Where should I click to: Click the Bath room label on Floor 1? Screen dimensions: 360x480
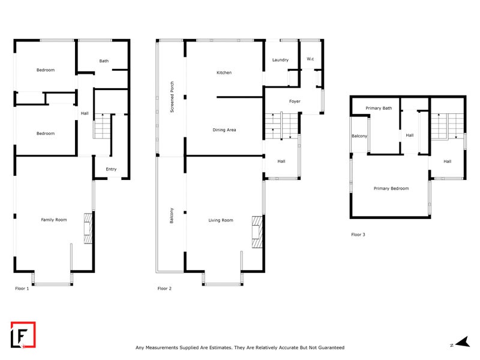point(104,61)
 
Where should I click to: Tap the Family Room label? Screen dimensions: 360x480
point(53,220)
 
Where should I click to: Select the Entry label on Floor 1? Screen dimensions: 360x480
point(111,169)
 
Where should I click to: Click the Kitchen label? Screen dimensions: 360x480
point(224,73)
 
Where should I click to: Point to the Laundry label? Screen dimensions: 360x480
point(280,60)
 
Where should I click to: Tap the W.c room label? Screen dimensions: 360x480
point(310,59)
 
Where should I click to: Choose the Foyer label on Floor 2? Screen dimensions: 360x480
point(295,101)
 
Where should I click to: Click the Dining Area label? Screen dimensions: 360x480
point(223,130)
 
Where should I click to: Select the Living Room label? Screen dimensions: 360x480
point(220,221)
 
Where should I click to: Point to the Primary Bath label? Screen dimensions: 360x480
point(379,108)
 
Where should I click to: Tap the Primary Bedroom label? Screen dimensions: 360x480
point(391,188)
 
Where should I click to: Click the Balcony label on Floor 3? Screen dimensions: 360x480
point(359,136)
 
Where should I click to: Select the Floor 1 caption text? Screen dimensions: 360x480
point(22,289)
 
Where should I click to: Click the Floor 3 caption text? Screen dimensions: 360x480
point(358,235)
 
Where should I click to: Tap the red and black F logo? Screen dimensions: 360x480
point(23,335)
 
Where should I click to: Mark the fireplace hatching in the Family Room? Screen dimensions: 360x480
point(88,229)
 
